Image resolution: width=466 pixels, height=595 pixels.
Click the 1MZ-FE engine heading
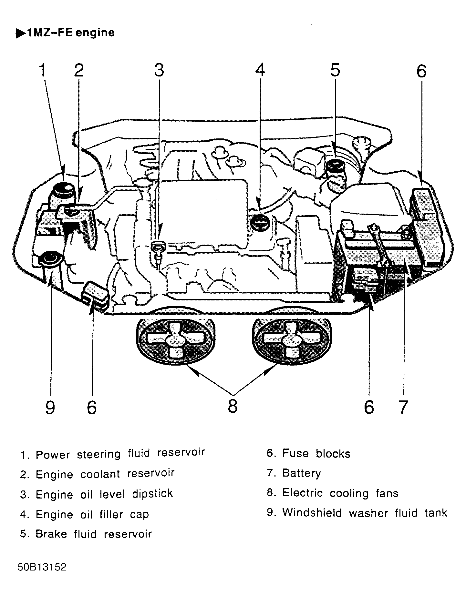pos(66,33)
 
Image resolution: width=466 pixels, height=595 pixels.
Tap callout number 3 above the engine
pos(159,70)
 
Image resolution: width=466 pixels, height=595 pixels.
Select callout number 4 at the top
pos(260,70)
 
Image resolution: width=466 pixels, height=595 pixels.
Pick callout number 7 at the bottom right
pos(402,407)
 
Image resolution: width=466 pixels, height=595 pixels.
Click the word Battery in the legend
pos(301,473)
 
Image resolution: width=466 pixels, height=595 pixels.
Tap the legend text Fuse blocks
pos(316,453)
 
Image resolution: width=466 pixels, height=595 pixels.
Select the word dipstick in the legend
pos(152,493)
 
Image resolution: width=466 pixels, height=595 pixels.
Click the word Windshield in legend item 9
pos(312,512)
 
